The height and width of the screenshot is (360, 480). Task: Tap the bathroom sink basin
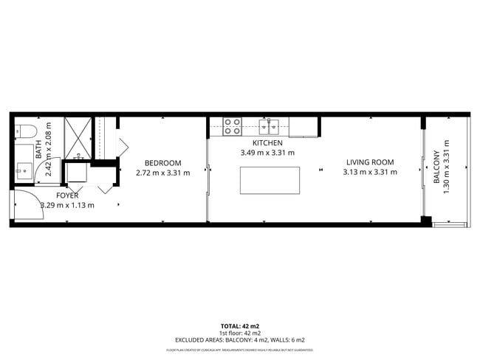click(x=24, y=170)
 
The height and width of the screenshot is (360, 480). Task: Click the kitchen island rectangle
click(x=270, y=180)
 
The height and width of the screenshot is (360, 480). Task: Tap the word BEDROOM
click(x=162, y=163)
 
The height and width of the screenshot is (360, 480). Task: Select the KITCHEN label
click(x=267, y=143)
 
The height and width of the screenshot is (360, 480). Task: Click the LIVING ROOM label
click(x=369, y=162)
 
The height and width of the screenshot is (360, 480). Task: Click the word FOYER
click(x=67, y=195)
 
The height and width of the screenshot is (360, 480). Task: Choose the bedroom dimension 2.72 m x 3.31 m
click(x=162, y=173)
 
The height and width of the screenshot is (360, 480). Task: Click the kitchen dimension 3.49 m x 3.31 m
click(x=267, y=153)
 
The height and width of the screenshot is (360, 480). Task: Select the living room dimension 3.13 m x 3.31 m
click(x=369, y=173)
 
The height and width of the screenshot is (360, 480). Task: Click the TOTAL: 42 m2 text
click(x=240, y=325)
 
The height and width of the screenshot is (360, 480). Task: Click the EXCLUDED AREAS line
click(x=240, y=340)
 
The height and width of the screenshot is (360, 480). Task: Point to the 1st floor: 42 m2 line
click(x=240, y=333)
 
